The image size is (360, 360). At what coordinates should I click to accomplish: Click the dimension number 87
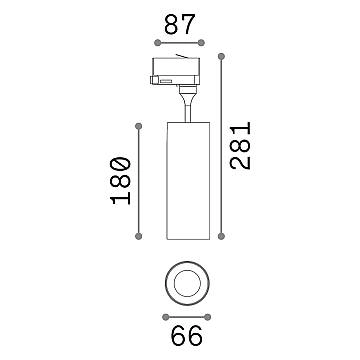[x=179, y=24]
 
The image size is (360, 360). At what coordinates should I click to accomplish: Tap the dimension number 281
[x=240, y=146]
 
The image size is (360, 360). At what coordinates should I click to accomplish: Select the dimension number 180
[x=120, y=180]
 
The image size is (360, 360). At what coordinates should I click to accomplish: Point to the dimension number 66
[x=187, y=335]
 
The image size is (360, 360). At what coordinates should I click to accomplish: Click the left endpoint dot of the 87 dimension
[x=158, y=43]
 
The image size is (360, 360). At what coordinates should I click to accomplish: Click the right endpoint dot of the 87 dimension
[x=201, y=43]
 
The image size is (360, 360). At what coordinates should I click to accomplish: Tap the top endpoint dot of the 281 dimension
[x=221, y=56]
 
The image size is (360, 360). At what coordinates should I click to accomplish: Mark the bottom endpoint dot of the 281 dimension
[x=221, y=236]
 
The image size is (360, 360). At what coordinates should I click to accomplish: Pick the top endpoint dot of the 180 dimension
[x=139, y=126]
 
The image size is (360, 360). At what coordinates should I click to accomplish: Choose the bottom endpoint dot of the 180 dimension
[x=139, y=236]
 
